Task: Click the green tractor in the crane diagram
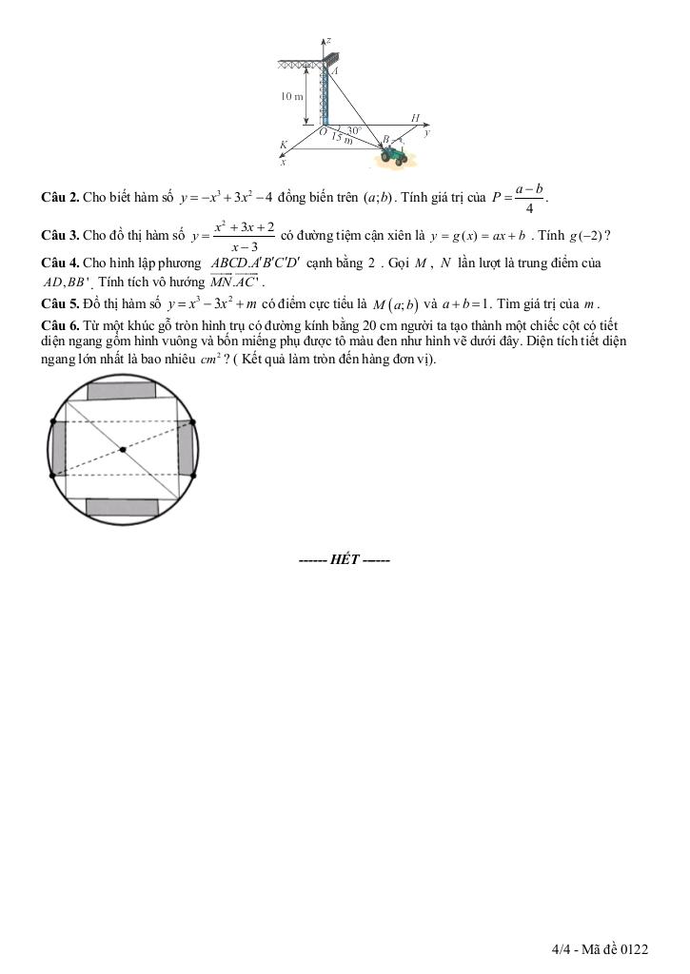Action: tap(391, 154)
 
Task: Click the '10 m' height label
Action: tap(291, 97)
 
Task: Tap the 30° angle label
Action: tap(353, 129)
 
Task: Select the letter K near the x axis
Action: tap(284, 146)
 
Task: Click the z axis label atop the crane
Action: tap(327, 41)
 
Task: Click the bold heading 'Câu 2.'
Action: tap(60, 198)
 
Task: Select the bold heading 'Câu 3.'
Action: tap(60, 236)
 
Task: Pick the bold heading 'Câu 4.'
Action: tap(60, 263)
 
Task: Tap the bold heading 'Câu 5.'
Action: tap(60, 304)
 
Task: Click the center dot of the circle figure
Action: tap(122, 449)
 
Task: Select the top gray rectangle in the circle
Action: tap(122, 390)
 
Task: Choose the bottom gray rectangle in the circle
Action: tap(122, 506)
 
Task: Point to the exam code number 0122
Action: tap(633, 949)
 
